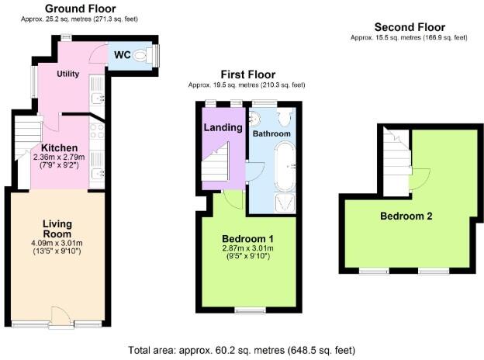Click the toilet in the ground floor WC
[142, 55]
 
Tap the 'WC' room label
[122, 55]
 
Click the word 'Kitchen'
[58, 147]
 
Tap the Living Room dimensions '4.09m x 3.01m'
[57, 244]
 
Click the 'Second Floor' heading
[409, 26]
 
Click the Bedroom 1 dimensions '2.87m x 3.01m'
[247, 248]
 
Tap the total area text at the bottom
[242, 350]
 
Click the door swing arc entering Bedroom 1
[233, 200]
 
